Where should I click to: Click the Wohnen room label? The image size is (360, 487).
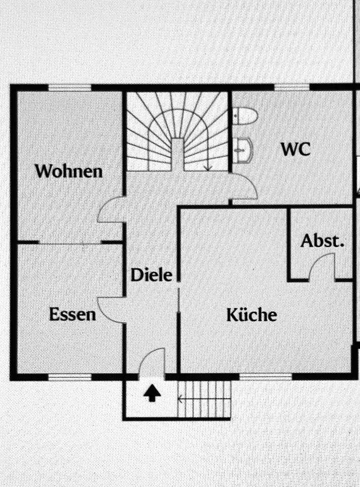pyautogui.click(x=68, y=171)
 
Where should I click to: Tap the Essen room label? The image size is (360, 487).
pyautogui.click(x=73, y=315)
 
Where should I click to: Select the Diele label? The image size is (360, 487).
pyautogui.click(x=152, y=275)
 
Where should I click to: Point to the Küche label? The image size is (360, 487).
pyautogui.click(x=251, y=315)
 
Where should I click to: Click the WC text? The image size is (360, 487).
pyautogui.click(x=296, y=149)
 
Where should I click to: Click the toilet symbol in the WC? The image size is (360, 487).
pyautogui.click(x=245, y=117)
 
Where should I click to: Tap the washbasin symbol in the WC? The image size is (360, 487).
pyautogui.click(x=243, y=150)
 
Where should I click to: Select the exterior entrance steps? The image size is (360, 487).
pyautogui.click(x=205, y=399)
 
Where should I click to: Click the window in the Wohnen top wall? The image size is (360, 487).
pyautogui.click(x=70, y=88)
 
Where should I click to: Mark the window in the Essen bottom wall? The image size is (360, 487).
pyautogui.click(x=70, y=377)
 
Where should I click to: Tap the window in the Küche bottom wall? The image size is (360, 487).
pyautogui.click(x=266, y=377)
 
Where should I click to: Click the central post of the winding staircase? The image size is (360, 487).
pyautogui.click(x=178, y=155)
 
